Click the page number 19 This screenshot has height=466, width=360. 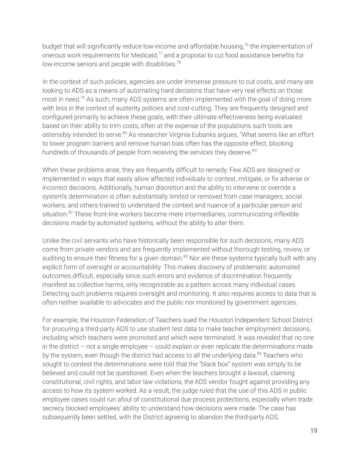tap(314, 431)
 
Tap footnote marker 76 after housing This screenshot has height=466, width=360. tap(246, 45)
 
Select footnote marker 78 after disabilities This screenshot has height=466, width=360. tap(179, 62)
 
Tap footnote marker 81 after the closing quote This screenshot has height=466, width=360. tap(255, 151)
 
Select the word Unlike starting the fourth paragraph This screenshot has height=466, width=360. tap(51, 241)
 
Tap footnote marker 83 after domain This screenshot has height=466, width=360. tap(185, 257)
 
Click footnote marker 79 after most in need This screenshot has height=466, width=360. tap(82, 98)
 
